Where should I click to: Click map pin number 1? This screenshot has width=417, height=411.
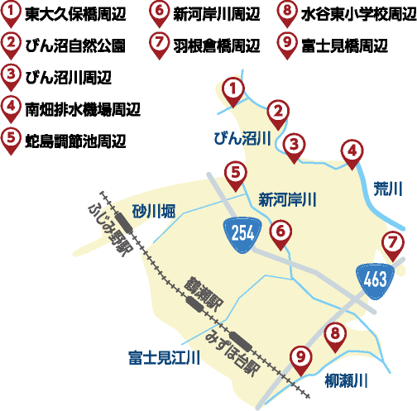point(235,89)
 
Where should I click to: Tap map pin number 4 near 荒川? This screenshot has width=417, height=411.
point(352,151)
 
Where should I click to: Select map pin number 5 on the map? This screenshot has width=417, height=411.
point(236,174)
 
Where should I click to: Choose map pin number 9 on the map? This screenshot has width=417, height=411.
point(300,358)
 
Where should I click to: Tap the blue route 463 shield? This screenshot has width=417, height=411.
point(375,279)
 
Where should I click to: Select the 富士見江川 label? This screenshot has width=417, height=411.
point(165,358)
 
